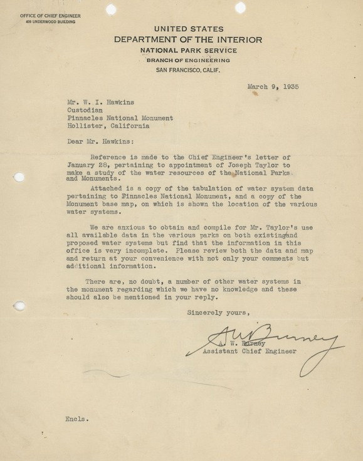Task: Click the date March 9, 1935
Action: pyautogui.click(x=273, y=86)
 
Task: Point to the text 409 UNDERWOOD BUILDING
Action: pyautogui.click(x=50, y=22)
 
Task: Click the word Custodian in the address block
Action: pyautogui.click(x=87, y=107)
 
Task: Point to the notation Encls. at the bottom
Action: pyautogui.click(x=75, y=419)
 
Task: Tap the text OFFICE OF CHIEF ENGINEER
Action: pyautogui.click(x=50, y=15)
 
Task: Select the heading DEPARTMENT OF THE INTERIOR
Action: pyautogui.click(x=188, y=39)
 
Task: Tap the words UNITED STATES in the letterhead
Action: pyautogui.click(x=188, y=28)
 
